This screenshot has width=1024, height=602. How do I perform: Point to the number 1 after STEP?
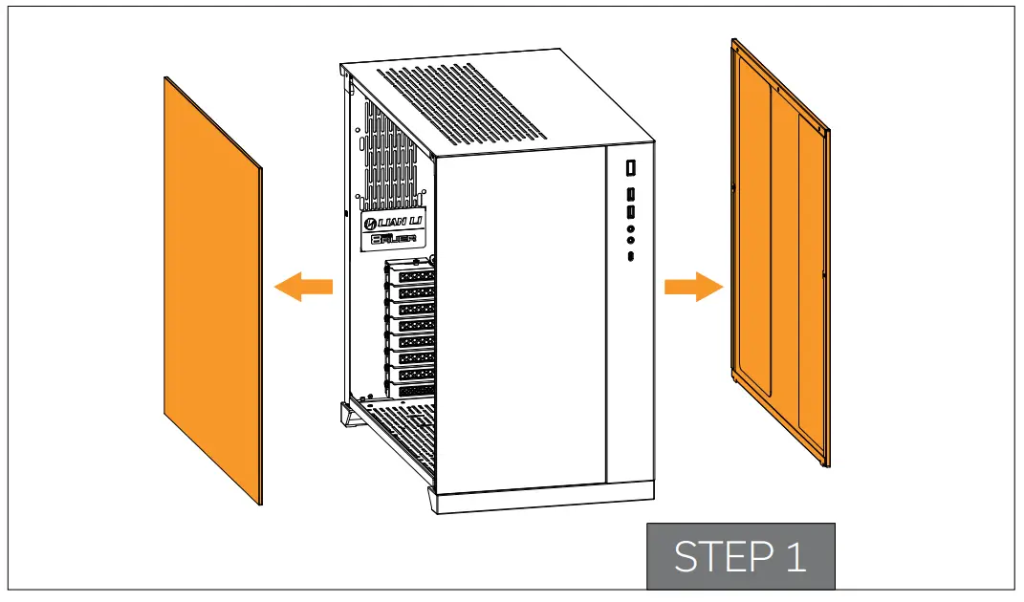pyautogui.click(x=795, y=557)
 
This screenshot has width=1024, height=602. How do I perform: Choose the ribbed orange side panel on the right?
pyautogui.click(x=779, y=258)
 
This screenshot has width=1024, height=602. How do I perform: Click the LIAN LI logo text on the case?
pyautogui.click(x=393, y=224)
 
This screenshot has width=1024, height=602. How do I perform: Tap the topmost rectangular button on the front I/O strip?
pyautogui.click(x=631, y=168)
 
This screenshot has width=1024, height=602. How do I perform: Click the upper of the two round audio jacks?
pyautogui.click(x=631, y=228)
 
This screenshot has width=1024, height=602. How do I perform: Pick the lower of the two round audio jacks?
pyautogui.click(x=631, y=241)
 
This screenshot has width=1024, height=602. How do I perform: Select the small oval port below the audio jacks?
pyautogui.click(x=631, y=257)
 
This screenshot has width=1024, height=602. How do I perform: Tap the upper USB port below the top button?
pyautogui.click(x=631, y=195)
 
